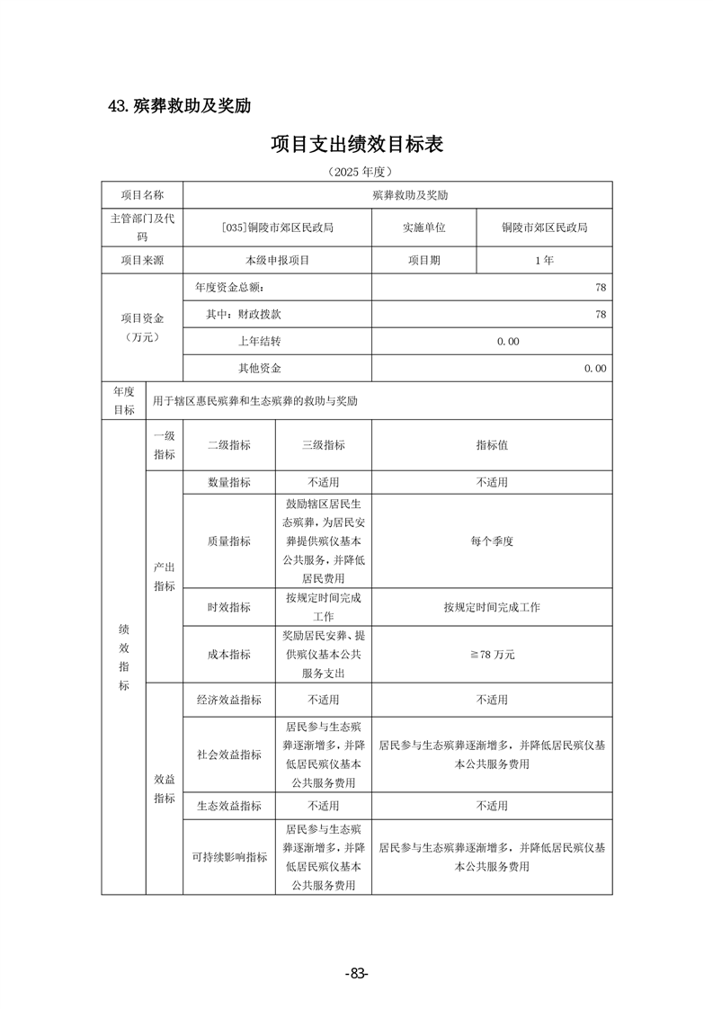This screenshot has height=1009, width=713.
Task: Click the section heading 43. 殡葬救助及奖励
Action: coord(178,106)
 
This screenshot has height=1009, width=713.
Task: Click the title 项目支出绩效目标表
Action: coord(357,144)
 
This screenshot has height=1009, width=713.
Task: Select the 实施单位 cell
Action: coord(424,228)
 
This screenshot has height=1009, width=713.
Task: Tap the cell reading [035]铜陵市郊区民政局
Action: coord(277,228)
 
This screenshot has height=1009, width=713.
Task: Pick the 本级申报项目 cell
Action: coord(277,260)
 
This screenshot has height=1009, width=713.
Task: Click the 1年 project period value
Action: coord(544,260)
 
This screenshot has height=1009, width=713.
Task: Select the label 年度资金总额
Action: coord(230,287)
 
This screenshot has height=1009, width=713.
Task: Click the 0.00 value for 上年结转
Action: coord(508,342)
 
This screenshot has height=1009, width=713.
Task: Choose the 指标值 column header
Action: coord(492,445)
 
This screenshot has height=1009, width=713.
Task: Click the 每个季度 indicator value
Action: coord(492,541)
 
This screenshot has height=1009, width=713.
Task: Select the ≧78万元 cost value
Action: coord(492,655)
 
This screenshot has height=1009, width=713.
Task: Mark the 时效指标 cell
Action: coord(229,607)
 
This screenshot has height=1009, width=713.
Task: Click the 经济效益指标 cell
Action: coord(229,700)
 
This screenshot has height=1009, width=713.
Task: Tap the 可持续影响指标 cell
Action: coord(229,857)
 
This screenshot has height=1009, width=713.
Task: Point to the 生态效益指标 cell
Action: coord(229,806)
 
